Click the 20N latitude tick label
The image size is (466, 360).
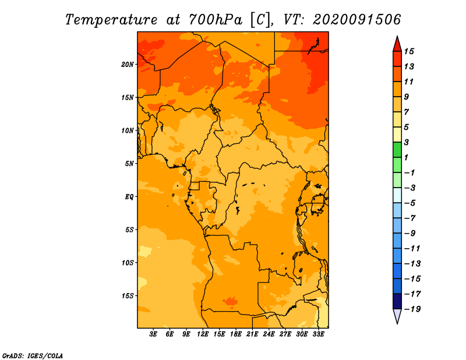128,65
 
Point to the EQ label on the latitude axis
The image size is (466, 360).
129,197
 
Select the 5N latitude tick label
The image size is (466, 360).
129,164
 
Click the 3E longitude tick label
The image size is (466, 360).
153,334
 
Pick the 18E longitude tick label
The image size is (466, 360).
236,334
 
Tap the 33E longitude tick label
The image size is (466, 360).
318,334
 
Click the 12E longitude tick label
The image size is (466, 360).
203,334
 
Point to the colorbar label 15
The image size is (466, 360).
409,51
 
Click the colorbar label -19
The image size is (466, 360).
412,309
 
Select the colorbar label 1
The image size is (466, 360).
406,157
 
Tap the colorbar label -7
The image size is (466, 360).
410,218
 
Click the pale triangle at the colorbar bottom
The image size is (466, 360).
397,316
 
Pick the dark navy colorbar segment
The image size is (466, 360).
397,301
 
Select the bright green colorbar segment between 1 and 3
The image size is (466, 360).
397,150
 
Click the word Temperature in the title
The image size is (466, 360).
111,20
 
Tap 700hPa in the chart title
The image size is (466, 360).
216,20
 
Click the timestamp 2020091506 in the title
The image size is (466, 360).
356,20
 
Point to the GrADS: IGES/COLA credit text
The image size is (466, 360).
33,355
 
